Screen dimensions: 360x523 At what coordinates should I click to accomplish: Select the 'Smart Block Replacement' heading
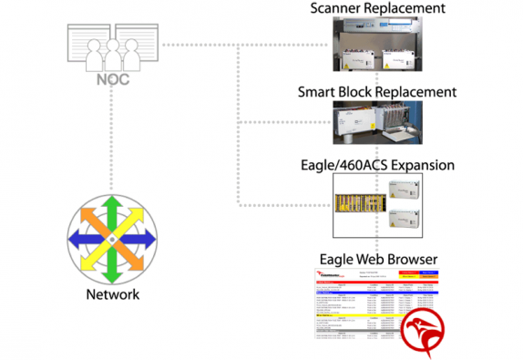pyautogui.click(x=377, y=92)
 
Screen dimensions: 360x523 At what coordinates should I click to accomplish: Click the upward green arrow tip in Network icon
pyautogui.click(x=109, y=199)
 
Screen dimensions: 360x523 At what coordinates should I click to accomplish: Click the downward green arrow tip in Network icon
pyautogui.click(x=109, y=277)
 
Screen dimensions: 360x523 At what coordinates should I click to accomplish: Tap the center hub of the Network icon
pyautogui.click(x=109, y=238)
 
